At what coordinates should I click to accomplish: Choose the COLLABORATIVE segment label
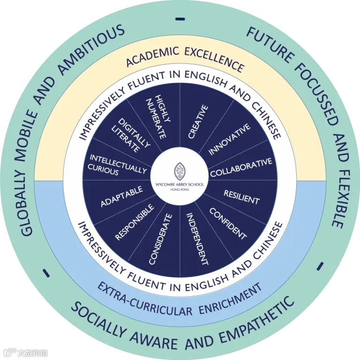point(241,168)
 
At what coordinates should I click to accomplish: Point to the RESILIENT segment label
point(241,197)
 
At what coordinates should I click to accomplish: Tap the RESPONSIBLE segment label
point(134,222)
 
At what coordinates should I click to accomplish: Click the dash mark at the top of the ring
point(180,19)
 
